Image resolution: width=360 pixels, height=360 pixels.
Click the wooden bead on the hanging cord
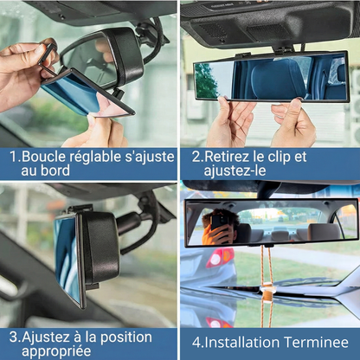(x=267, y=294)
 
